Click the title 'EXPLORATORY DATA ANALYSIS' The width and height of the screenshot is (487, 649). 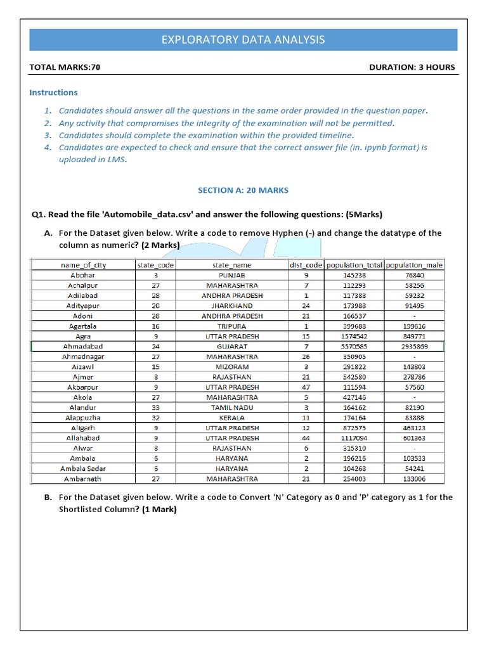(243, 40)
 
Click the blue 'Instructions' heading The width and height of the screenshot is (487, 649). (54, 93)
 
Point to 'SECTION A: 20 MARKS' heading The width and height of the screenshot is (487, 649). (243, 190)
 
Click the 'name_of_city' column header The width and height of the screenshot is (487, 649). (84, 266)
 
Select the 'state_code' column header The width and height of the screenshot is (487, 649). (155, 266)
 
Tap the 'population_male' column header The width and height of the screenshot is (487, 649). (414, 266)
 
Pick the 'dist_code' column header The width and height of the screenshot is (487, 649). (306, 266)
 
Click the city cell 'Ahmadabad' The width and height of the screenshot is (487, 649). (84, 347)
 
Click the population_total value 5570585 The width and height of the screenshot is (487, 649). (353, 347)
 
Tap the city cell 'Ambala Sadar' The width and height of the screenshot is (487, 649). (84, 468)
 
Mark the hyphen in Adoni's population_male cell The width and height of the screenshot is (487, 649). (414, 316)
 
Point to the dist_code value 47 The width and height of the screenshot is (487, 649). (306, 387)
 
